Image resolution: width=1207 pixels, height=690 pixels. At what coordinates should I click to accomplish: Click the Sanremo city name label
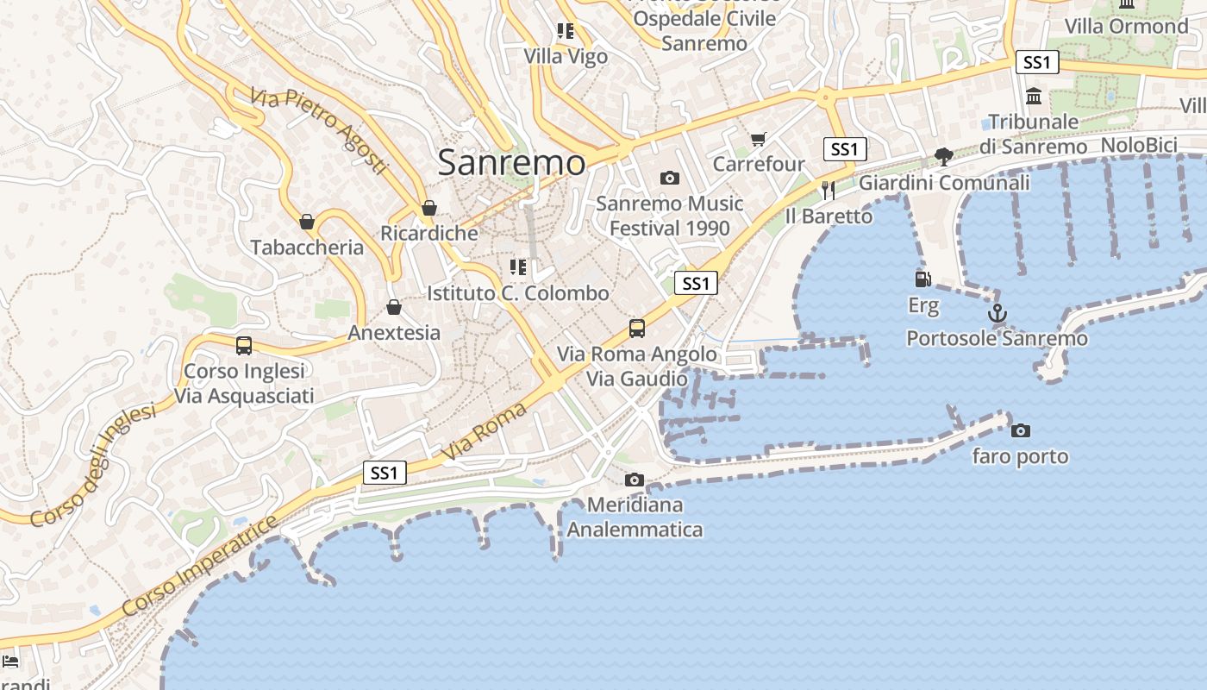point(511,162)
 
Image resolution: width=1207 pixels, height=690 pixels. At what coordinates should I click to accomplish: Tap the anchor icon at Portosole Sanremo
point(997,314)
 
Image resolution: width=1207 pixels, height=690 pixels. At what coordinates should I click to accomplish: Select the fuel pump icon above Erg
point(922,279)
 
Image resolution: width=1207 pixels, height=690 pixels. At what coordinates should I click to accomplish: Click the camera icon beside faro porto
point(1020,430)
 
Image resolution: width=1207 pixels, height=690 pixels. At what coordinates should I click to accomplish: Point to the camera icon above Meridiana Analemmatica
point(635,480)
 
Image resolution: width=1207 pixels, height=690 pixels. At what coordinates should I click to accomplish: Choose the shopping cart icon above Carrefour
point(759,139)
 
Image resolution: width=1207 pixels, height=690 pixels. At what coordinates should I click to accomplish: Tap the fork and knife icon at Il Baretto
point(829,191)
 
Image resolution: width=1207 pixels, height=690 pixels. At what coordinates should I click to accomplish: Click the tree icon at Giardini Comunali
point(944,157)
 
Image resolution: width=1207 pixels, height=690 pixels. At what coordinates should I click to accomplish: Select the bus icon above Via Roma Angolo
point(637,329)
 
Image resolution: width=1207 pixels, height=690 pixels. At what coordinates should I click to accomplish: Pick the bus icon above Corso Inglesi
point(244,346)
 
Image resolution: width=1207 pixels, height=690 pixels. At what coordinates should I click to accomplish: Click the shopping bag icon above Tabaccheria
point(307,223)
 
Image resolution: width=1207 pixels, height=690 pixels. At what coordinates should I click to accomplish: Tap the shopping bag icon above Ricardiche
point(429,209)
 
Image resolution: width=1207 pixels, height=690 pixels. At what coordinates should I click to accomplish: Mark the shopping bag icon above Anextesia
point(394,308)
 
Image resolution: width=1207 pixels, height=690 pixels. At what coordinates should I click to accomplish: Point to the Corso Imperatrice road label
point(201,566)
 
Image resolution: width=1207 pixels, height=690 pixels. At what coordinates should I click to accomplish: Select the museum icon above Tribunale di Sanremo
point(1034,96)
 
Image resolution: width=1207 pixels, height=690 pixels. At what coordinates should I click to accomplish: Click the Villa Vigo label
point(566,57)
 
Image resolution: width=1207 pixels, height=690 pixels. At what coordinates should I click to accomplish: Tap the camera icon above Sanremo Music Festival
point(669,179)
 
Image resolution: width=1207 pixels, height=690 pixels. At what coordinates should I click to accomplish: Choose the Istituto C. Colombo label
point(518,293)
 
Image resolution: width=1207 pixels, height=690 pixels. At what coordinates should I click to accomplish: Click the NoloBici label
point(1139,145)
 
